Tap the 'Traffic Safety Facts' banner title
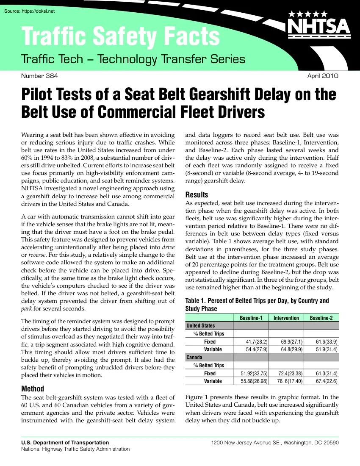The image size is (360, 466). tap(121, 37)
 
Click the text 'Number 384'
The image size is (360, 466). tap(39, 76)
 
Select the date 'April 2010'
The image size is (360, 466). tap(323, 76)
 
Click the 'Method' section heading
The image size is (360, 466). tap(33, 389)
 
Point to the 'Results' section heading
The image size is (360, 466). tap(197, 195)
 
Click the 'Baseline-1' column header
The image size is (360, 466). tap(251, 318)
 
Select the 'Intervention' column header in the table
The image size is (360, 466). tap(286, 318)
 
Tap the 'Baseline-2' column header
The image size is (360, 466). tap(321, 318)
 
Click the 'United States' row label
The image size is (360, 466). tap(201, 326)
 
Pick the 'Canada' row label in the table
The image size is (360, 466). tap(194, 358)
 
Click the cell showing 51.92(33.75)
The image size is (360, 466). tap(252, 374)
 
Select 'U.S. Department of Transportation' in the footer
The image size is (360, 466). tap(65, 442)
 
